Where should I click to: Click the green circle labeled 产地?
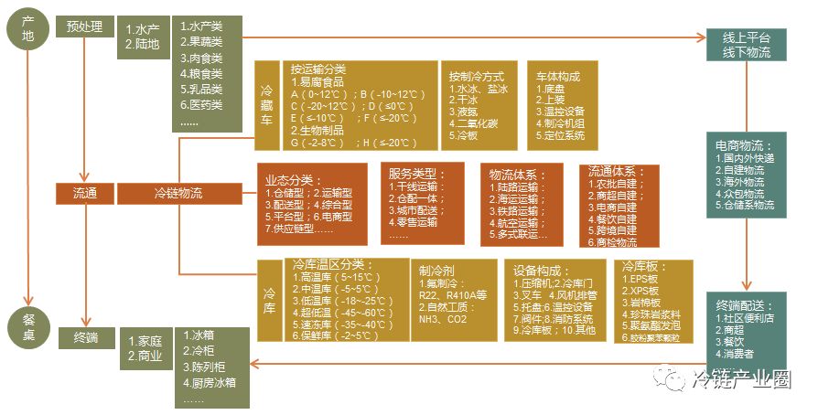[x=28, y=27]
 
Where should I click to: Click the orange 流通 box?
[x=84, y=193]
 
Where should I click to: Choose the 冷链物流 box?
[x=178, y=193]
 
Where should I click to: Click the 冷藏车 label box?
[x=267, y=103]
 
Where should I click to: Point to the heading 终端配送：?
[x=744, y=304]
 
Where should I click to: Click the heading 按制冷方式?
[x=477, y=76]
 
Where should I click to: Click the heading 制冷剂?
[x=436, y=271]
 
